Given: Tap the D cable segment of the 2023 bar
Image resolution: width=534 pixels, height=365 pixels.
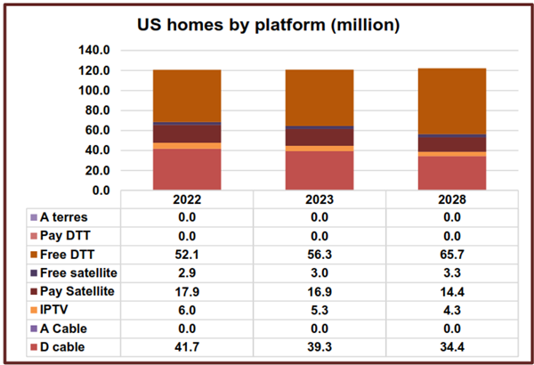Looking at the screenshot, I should click(319, 170).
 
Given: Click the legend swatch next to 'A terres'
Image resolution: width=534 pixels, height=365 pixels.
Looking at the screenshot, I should click(34, 216).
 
